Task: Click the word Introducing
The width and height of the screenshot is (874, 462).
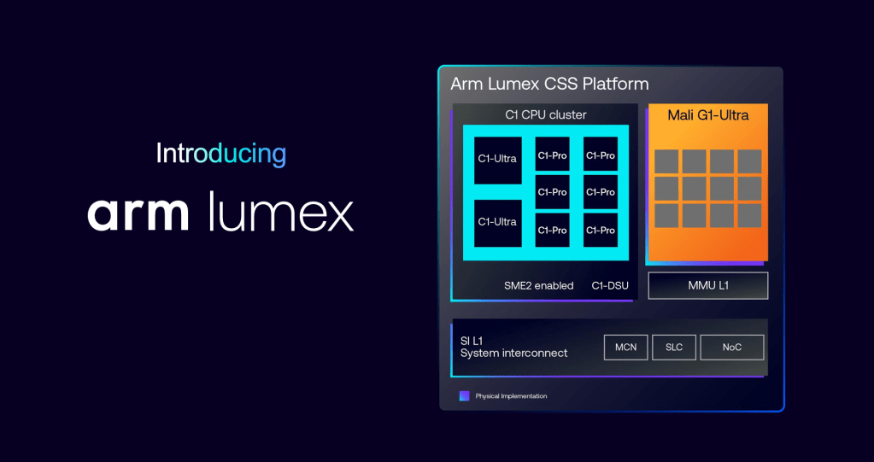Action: pos(220,154)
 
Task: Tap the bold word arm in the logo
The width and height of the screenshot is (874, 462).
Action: pos(138,213)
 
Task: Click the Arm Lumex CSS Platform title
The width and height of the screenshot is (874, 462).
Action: pos(549,84)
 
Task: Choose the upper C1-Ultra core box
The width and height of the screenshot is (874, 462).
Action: pos(497,159)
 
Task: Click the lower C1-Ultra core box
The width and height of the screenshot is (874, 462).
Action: pos(497,222)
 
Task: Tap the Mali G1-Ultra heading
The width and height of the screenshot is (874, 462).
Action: pos(707,114)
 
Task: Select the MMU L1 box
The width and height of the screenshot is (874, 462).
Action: pos(707,285)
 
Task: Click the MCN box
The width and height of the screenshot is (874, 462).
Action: pos(625,348)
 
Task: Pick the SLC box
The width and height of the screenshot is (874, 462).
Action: pos(674,348)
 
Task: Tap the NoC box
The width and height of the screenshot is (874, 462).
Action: pos(731,348)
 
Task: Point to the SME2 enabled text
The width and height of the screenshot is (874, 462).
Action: pos(538,285)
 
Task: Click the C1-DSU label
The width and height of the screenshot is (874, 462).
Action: pos(610,285)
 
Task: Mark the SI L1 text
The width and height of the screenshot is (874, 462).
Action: pos(472,341)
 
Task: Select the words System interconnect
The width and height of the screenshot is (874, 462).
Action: pos(513,353)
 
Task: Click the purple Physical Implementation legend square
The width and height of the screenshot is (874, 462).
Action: pos(464,395)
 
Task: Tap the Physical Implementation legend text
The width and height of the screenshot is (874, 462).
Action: pos(511,396)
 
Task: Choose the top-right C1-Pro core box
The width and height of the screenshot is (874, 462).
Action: pos(601,155)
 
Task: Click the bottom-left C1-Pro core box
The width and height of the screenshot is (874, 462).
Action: pos(552,230)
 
